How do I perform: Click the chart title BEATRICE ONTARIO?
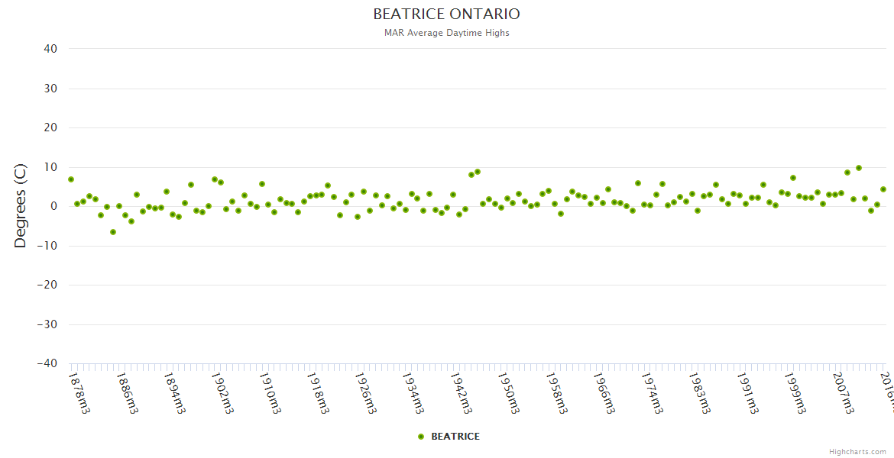click(x=446, y=15)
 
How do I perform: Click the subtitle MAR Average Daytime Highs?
click(x=446, y=33)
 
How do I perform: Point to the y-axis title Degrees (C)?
click(x=21, y=206)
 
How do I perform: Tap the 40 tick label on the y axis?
click(x=50, y=49)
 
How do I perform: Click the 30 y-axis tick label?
click(x=50, y=89)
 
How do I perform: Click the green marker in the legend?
click(x=421, y=437)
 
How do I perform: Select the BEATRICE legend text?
click(x=455, y=437)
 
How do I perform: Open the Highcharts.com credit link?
click(x=857, y=452)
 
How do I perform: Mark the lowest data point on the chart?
click(x=113, y=232)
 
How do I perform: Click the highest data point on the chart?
click(x=859, y=168)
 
